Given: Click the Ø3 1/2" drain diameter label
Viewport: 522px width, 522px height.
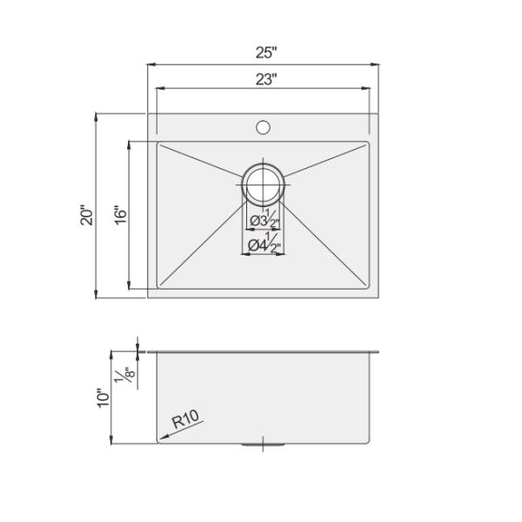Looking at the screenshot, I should tap(263, 219).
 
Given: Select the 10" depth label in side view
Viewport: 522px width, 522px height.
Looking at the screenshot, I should tap(104, 398).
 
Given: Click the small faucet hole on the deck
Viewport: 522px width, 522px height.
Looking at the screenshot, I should tap(263, 128).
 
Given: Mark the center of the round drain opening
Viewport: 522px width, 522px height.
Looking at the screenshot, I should tap(263, 185).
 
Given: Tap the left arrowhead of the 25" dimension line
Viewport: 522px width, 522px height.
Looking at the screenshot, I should tap(150, 64).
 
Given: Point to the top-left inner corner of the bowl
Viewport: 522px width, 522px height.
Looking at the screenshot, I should tap(158, 144).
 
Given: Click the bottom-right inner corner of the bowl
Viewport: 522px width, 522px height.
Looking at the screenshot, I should tap(368, 289).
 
